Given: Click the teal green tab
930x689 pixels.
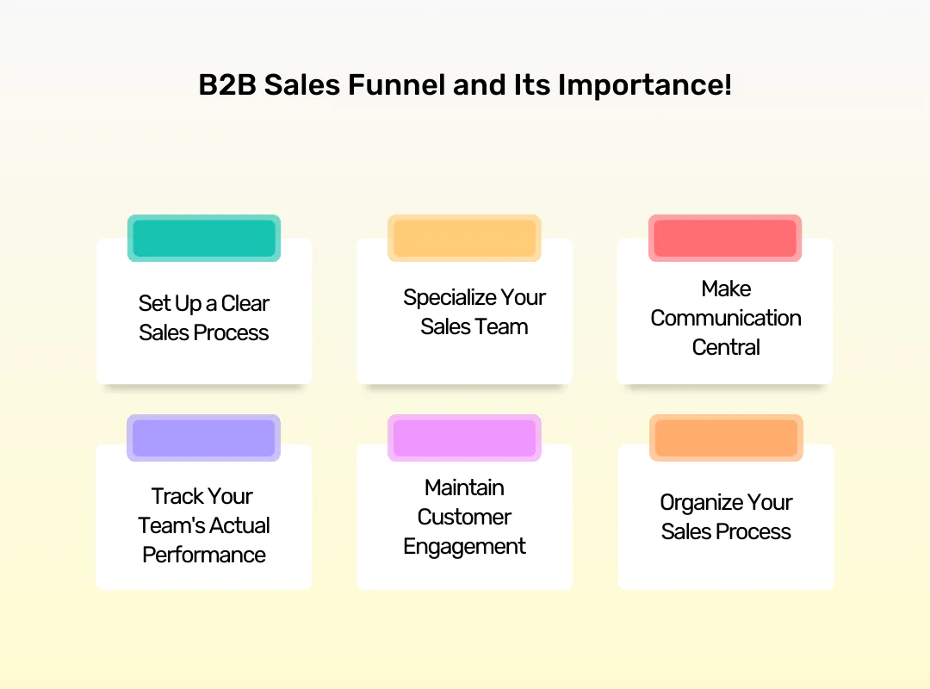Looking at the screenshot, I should coord(204,238).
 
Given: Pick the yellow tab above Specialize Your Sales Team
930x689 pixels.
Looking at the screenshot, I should coord(464,238).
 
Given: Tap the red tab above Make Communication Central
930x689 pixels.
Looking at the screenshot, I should coord(725,238).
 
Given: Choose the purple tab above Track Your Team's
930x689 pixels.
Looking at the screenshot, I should coord(204,438).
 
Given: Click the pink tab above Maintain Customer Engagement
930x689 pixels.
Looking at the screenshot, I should coord(464,438).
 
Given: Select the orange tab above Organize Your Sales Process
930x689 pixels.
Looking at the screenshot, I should coord(726,438).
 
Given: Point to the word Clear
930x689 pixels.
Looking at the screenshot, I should coord(245,303).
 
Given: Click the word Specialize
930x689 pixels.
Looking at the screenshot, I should coord(450,297).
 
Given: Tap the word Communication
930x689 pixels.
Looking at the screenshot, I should coord(726,318).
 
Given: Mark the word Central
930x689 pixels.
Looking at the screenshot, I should coord(726,347).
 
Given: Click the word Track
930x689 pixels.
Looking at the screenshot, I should coord(177,496).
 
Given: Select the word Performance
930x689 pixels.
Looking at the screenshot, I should coord(204,555).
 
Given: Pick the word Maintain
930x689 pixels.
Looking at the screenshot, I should coord(464,487).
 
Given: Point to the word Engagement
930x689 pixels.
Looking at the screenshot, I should coord(464,546).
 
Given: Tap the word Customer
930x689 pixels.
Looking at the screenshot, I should coord(464,517).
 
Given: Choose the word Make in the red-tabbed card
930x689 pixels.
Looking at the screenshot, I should coord(726,289).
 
